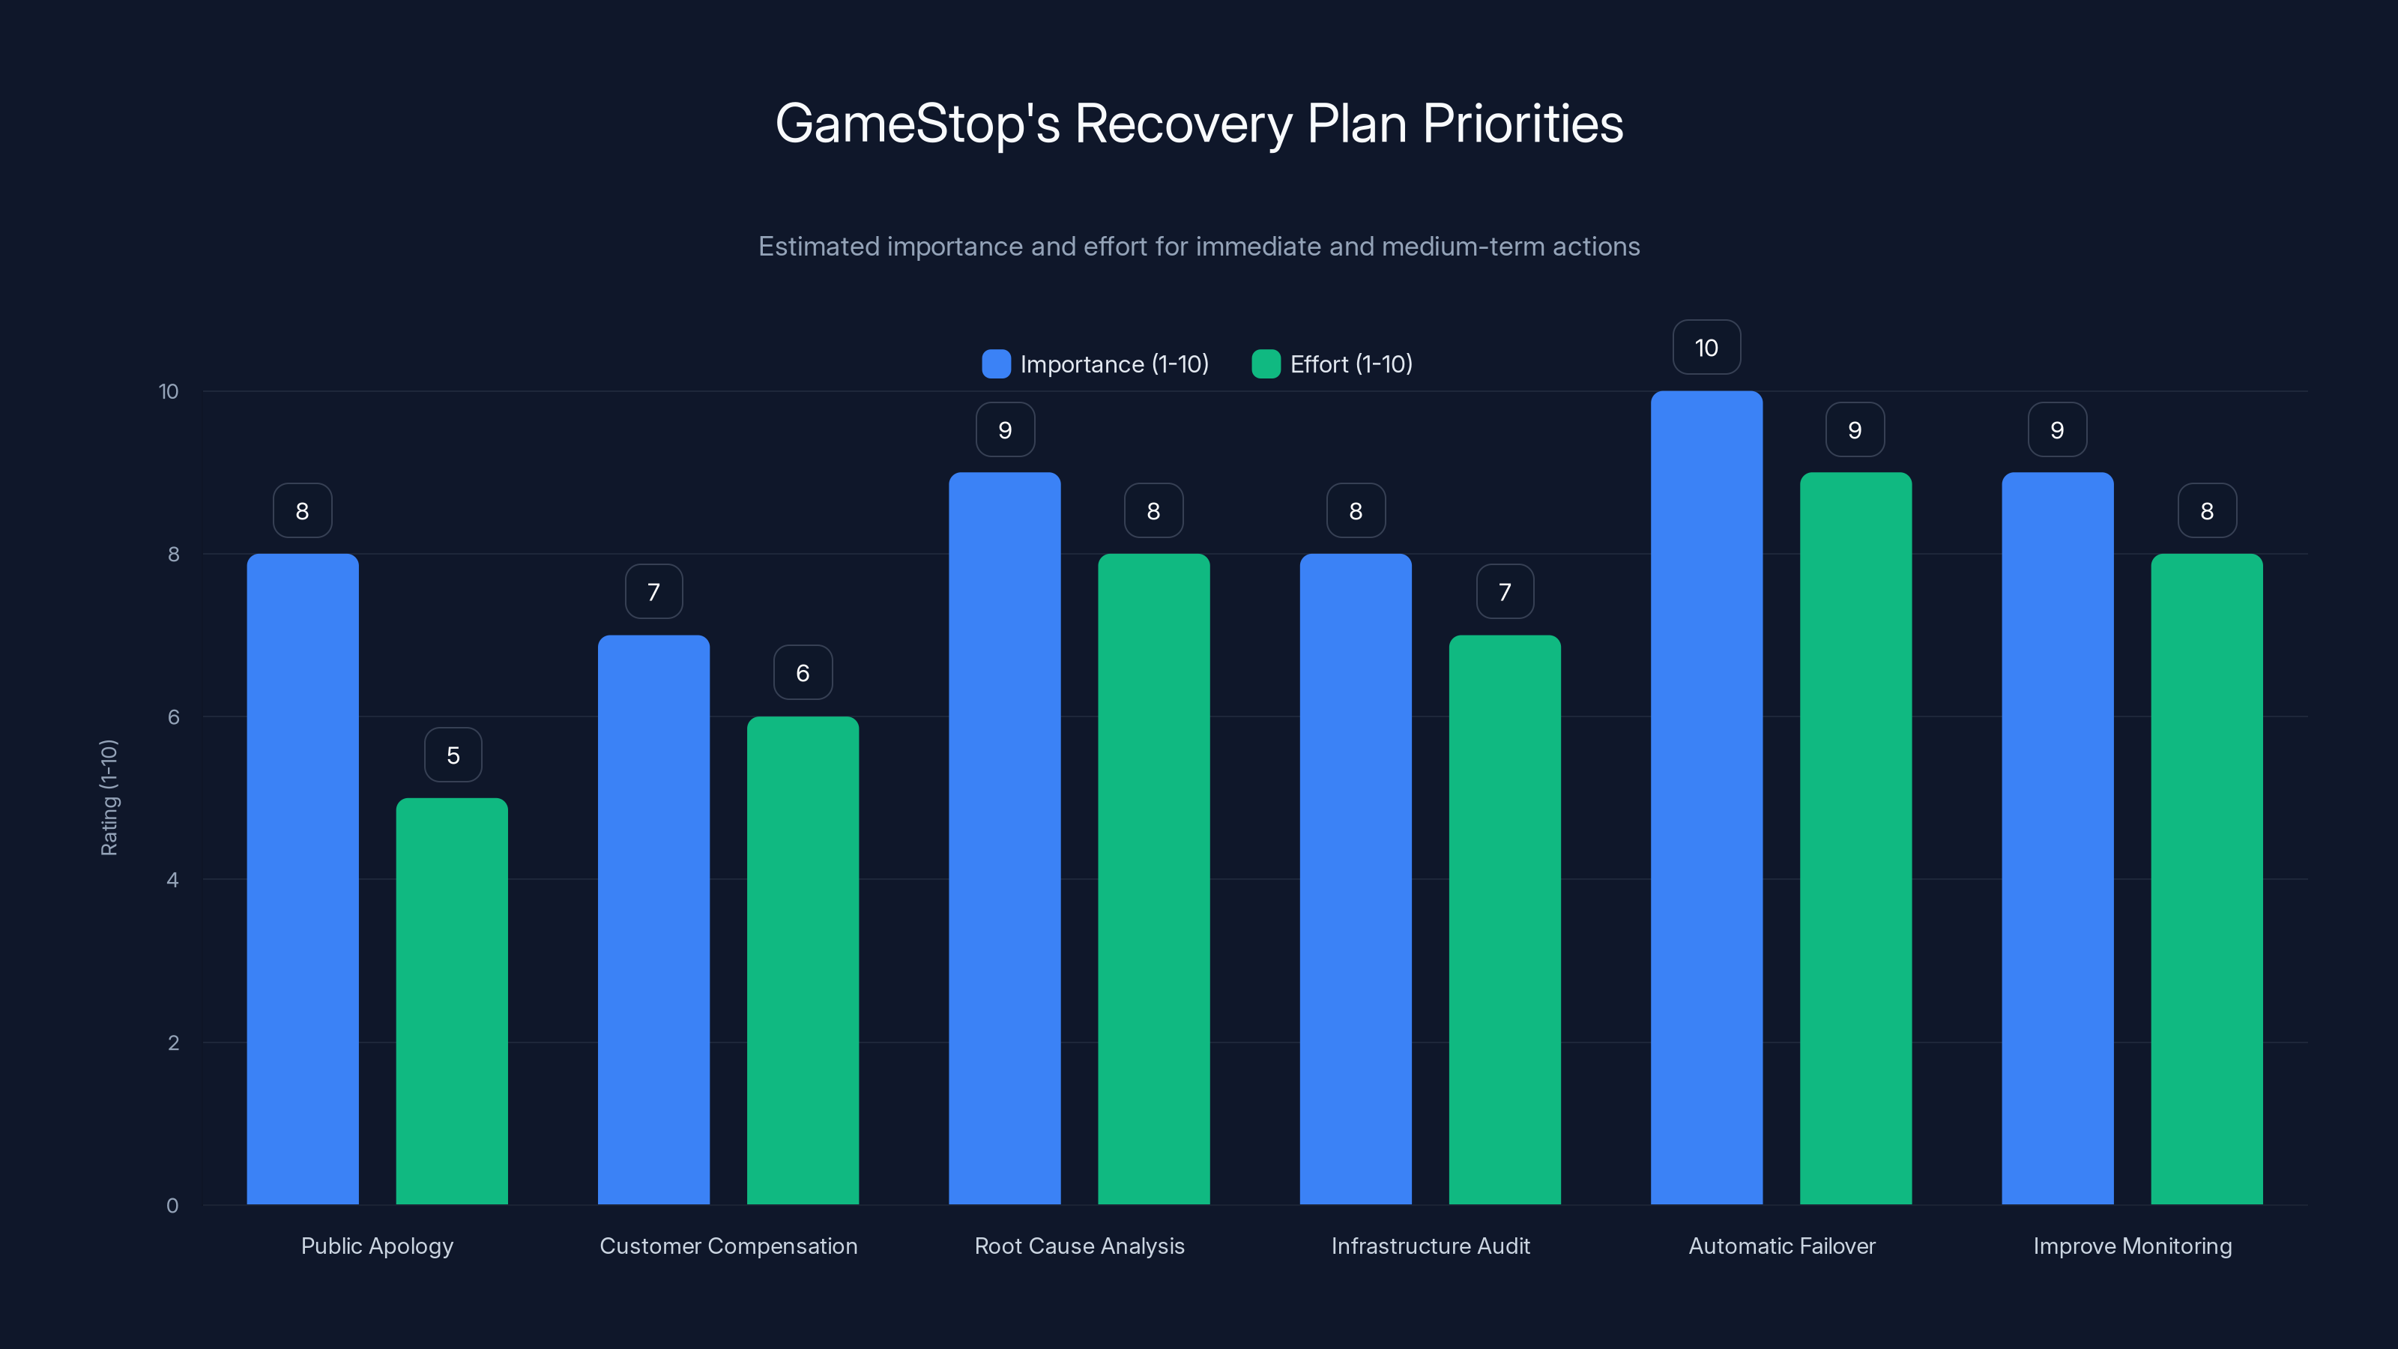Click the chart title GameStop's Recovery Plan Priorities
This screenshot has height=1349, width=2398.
1199,124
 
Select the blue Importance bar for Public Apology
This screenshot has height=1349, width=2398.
303,879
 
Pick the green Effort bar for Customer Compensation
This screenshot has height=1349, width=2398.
803,960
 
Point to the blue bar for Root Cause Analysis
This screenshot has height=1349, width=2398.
1004,838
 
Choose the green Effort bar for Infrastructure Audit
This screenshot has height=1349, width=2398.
1504,920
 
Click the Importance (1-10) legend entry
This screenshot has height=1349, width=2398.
1096,364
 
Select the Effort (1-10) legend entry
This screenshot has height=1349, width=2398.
1333,364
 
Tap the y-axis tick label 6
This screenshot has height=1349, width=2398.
173,717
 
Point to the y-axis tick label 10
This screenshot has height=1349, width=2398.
169,391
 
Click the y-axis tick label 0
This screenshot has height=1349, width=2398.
172,1206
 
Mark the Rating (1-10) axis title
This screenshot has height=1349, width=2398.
109,798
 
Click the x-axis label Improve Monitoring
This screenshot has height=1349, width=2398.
2132,1246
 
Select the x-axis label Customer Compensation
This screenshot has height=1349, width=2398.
728,1246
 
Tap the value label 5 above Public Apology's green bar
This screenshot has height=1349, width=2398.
453,755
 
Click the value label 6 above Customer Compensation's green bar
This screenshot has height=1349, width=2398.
803,673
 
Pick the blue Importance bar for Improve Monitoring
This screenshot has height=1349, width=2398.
2057,838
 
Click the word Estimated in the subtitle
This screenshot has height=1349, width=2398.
818,247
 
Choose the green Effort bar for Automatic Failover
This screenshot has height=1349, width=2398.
1855,838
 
